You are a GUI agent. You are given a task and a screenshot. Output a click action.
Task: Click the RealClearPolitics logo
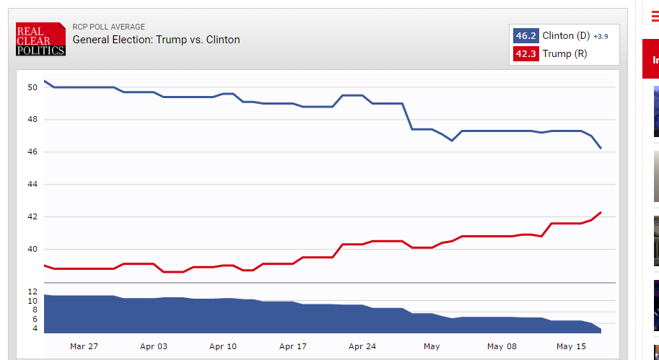coord(40,39)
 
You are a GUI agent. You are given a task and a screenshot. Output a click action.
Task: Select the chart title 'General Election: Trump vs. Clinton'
coord(156,40)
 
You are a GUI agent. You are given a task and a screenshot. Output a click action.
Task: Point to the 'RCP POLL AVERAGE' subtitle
coord(108,27)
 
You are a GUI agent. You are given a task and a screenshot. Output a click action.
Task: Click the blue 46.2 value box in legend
coord(525,35)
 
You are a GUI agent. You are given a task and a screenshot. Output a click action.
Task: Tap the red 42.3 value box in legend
coord(525,53)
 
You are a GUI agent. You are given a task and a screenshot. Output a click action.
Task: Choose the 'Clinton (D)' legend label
coord(567,35)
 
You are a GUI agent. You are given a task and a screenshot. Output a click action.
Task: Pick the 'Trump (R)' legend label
coord(564,53)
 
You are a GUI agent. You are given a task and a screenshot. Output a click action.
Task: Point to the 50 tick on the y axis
coord(32,87)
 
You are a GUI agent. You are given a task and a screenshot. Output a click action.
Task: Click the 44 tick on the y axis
coord(32,185)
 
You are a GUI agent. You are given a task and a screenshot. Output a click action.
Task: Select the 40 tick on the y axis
coord(32,250)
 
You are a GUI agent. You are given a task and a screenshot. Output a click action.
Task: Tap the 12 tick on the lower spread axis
coord(32,291)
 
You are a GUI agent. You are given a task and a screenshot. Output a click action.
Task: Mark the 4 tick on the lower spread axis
coord(35,328)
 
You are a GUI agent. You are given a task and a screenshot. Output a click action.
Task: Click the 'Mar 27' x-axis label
coord(84,346)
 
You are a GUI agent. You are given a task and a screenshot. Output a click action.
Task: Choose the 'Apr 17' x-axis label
coord(292,346)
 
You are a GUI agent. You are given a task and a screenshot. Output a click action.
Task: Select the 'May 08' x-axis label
coord(502,346)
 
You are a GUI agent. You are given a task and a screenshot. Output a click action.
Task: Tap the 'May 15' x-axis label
coord(571,346)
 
